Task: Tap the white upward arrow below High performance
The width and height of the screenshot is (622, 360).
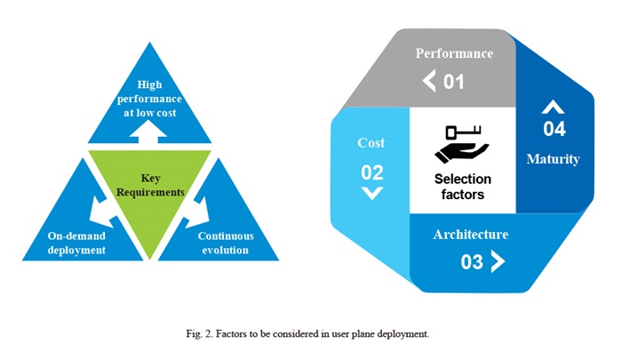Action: pyautogui.click(x=148, y=132)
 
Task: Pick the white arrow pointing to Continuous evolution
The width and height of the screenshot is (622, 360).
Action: pyautogui.click(x=196, y=212)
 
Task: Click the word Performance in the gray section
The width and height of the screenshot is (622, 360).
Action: pyautogui.click(x=454, y=53)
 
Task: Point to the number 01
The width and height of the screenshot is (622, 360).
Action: pyautogui.click(x=454, y=82)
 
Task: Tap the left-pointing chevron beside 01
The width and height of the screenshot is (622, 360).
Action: pyautogui.click(x=429, y=81)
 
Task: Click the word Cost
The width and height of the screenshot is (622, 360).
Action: pyautogui.click(x=371, y=143)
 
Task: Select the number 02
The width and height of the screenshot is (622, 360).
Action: pyautogui.click(x=372, y=172)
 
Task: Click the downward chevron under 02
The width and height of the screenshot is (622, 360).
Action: pyautogui.click(x=372, y=193)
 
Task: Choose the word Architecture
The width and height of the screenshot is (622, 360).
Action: pyautogui.click(x=470, y=234)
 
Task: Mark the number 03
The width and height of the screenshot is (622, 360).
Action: pyautogui.click(x=472, y=262)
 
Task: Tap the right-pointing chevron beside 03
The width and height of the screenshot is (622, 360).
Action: pyautogui.click(x=498, y=261)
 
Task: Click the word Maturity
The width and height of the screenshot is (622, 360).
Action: pyautogui.click(x=553, y=159)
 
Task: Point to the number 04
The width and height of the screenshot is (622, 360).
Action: pyautogui.click(x=554, y=129)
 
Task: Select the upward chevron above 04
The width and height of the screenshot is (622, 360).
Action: pyautogui.click(x=553, y=108)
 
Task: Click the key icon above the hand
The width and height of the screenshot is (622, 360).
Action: pyautogui.click(x=463, y=132)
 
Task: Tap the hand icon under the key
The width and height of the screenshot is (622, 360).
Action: pyautogui.click(x=461, y=153)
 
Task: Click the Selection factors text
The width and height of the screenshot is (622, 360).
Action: pyautogui.click(x=463, y=187)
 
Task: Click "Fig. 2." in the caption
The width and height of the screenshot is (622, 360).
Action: pyautogui.click(x=200, y=334)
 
